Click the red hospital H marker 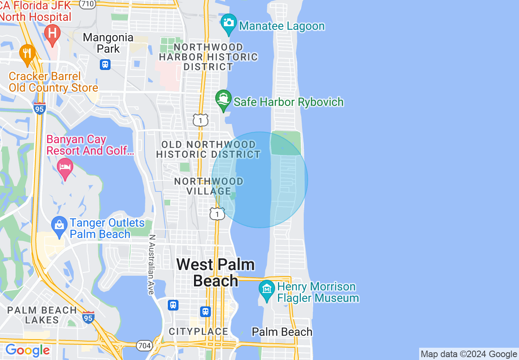[52, 32]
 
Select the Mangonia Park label [108, 43]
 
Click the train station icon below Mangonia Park [105, 64]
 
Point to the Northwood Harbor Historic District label [208, 57]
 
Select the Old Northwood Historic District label [208, 149]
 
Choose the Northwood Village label [209, 186]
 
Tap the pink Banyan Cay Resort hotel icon [65, 167]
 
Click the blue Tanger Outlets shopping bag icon [60, 225]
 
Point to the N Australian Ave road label [151, 264]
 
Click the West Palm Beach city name [216, 272]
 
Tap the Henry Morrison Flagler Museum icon [267, 289]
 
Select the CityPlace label [199, 331]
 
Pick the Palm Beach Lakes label [42, 315]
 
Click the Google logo [27, 350]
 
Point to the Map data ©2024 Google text [469, 354]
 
